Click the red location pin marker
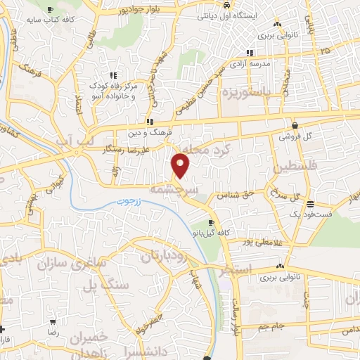(x=181, y=164)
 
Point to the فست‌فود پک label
(x=313, y=212)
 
